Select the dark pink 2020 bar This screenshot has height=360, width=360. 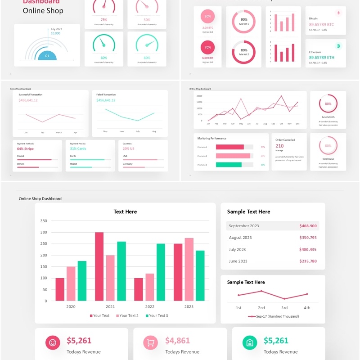click(x=60, y=289)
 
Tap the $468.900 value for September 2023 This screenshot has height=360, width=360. click(x=308, y=226)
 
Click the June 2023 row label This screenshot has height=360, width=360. click(x=238, y=261)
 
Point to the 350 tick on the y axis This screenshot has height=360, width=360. click(x=44, y=221)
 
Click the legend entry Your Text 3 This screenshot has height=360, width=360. click(x=158, y=315)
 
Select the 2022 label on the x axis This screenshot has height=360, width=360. click(x=149, y=306)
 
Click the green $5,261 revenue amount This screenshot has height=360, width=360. click(x=275, y=341)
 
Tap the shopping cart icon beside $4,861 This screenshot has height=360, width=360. click(x=151, y=343)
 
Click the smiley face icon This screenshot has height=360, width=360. click(x=52, y=343)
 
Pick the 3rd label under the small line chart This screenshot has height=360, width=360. click(x=284, y=308)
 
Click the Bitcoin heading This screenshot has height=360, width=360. click(x=313, y=18)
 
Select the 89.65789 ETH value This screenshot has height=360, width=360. click(x=321, y=58)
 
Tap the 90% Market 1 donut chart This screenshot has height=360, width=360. click(x=243, y=21)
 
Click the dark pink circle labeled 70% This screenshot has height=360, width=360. click(x=207, y=47)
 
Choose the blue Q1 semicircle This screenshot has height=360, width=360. click(x=47, y=56)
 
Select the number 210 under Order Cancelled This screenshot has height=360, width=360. click(x=279, y=146)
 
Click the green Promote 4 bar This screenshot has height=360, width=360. click(x=229, y=165)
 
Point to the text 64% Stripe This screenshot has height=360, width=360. click(x=25, y=148)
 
